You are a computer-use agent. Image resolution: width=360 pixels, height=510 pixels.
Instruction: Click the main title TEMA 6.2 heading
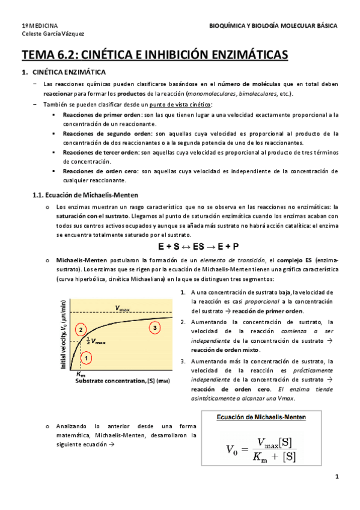click(155, 55)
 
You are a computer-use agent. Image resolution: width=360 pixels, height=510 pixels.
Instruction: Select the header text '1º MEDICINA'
click(40, 26)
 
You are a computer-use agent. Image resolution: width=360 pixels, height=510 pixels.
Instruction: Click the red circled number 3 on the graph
click(155, 328)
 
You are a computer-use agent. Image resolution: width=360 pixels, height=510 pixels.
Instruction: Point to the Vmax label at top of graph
click(123, 308)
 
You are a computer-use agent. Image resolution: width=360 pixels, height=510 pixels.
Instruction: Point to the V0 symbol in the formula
click(231, 449)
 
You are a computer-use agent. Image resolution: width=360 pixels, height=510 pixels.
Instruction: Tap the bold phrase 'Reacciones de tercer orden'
click(101, 152)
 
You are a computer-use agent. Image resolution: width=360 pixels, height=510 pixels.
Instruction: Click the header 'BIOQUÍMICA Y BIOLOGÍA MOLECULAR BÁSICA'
click(273, 26)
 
